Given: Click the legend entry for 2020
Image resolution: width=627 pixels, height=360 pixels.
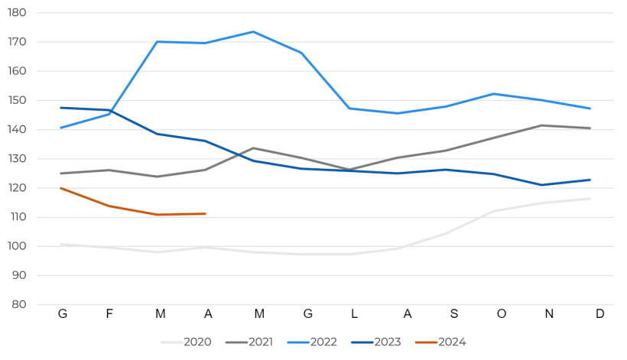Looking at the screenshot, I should (x=187, y=342).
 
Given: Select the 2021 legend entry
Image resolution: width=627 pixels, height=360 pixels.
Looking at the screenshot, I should (x=249, y=342).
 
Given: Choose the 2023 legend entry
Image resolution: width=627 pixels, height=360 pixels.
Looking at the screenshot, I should (x=375, y=342).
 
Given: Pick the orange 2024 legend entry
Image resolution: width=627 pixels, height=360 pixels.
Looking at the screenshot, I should (x=440, y=342).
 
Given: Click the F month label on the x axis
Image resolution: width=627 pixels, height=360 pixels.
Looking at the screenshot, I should (x=109, y=314).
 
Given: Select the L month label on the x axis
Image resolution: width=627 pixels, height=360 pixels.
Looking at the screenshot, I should (x=354, y=314).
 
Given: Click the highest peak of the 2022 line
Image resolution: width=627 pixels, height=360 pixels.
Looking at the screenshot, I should (x=253, y=32).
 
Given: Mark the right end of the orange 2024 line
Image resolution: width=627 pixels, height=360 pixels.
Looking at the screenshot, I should (x=205, y=213).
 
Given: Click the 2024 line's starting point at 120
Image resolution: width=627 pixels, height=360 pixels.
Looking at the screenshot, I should (x=61, y=188).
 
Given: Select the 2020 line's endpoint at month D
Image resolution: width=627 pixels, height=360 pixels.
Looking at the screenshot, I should (x=590, y=199).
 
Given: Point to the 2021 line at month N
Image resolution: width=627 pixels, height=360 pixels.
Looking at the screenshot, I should (x=541, y=125).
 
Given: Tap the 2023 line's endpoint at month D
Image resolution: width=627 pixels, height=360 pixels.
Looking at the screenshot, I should (x=590, y=180).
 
